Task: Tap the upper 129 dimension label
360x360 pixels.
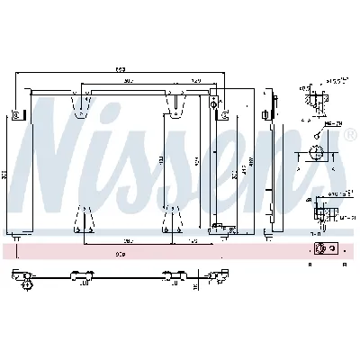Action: tap(194, 81)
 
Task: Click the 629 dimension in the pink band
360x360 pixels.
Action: tap(120, 255)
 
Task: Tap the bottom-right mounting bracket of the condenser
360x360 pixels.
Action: tap(167, 218)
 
